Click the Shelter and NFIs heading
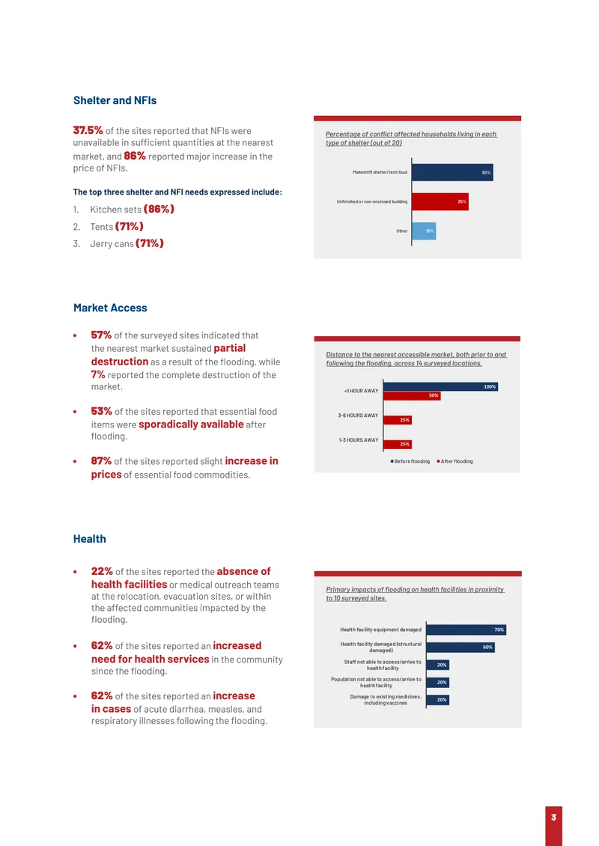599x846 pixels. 115,100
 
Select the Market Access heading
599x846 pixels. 110,308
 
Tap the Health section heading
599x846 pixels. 90,538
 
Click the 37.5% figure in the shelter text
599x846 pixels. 88,130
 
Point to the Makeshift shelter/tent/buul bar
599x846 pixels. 452,172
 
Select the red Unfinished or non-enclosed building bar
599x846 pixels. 440,201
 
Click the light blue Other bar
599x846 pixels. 424,231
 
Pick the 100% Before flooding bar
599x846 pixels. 440,386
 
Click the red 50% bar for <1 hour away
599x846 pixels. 412,395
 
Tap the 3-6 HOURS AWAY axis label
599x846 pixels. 359,416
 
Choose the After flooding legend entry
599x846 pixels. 455,461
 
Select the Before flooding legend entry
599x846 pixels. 410,461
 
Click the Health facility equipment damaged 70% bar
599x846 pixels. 466,630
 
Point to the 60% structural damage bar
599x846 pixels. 460,647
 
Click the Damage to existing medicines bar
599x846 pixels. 438,700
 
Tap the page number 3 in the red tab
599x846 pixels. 553,818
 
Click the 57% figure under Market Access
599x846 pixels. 101,335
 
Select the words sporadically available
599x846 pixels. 191,424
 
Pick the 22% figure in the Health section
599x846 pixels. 101,571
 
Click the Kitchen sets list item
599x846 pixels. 132,210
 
